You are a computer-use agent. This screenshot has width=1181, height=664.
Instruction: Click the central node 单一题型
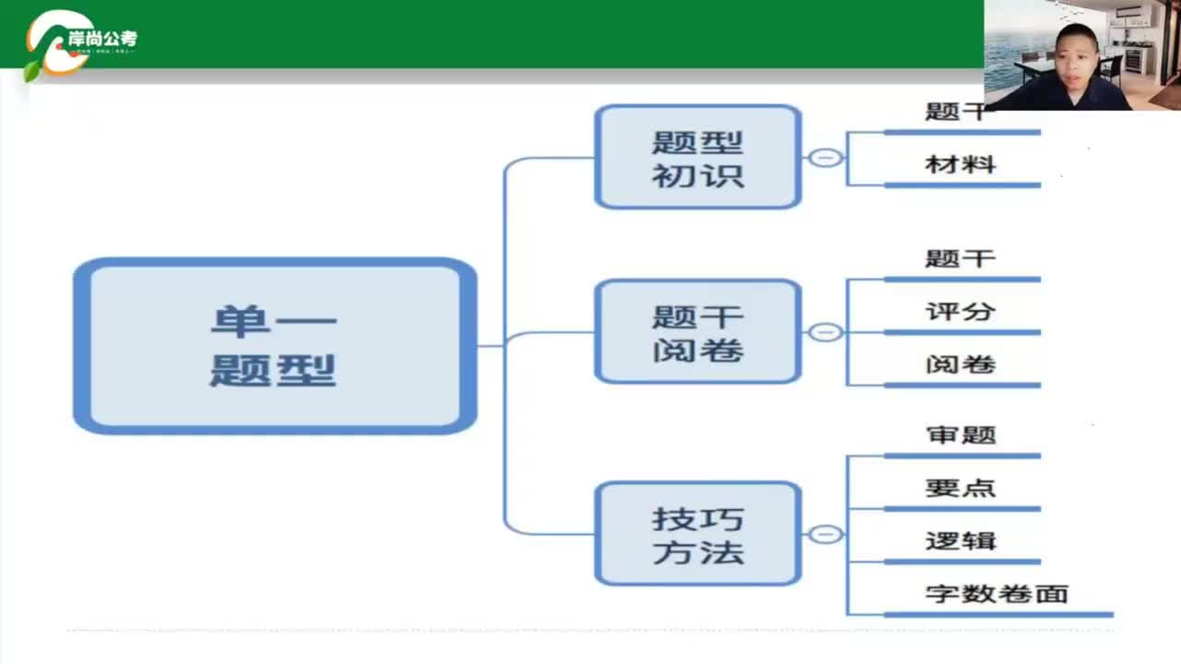point(274,346)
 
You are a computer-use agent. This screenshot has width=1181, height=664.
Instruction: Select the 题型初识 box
point(698,157)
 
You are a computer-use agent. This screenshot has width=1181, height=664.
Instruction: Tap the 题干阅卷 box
point(698,332)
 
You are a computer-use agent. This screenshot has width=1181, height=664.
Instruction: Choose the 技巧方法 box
point(698,534)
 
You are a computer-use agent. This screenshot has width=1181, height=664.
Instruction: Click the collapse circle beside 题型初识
point(826,158)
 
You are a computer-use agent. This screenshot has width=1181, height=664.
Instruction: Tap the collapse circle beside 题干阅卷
point(826,332)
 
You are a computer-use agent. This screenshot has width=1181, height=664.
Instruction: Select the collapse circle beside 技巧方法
point(826,534)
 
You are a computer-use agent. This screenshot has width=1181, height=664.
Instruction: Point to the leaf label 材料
point(960,165)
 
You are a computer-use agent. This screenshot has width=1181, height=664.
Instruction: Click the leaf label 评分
point(960,312)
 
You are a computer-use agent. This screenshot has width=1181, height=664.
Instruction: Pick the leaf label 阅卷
point(960,364)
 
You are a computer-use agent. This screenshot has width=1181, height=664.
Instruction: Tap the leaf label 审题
point(960,434)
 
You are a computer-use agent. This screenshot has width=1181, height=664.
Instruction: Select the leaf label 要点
point(960,488)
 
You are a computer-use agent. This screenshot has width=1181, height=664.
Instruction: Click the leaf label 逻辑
point(960,541)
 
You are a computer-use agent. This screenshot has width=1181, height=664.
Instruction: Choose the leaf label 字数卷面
point(996,594)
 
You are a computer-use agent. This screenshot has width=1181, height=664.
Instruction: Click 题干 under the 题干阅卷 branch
point(960,259)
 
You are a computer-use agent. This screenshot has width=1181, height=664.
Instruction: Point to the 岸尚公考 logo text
point(102,40)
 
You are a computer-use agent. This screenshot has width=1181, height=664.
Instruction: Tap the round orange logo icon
point(55,41)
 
